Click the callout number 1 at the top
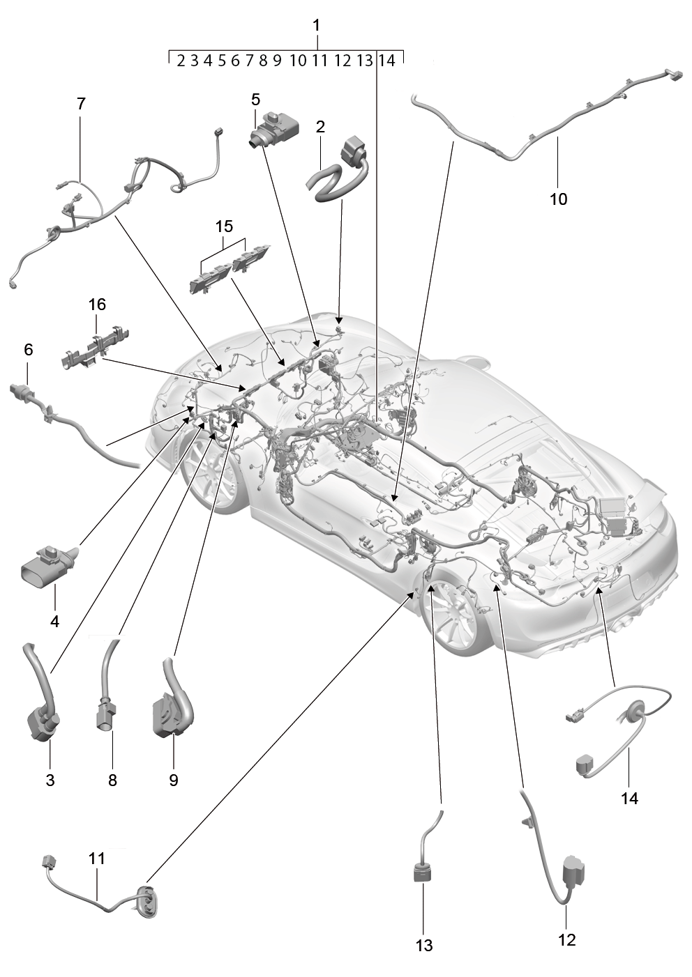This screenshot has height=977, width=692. tap(317, 26)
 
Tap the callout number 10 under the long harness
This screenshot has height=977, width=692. tap(558, 199)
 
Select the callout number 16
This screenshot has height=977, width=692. tap(97, 305)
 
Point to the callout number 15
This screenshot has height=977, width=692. tap(224, 226)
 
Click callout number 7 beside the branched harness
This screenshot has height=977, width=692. tap(81, 104)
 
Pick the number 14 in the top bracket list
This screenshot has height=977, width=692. tap(386, 60)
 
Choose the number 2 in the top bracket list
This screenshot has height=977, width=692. tap(181, 61)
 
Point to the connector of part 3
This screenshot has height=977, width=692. tap(43, 725)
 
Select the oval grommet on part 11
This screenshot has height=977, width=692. tap(149, 889)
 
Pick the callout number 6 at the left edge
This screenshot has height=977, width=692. tap(29, 349)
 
